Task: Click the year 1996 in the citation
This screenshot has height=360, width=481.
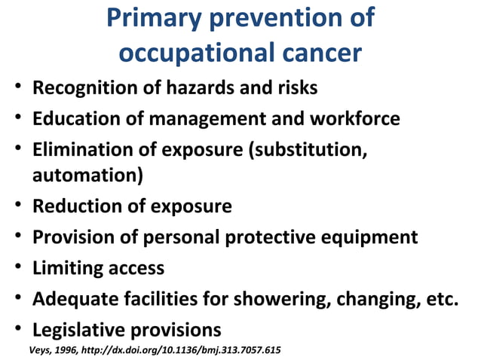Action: [x=68, y=350]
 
